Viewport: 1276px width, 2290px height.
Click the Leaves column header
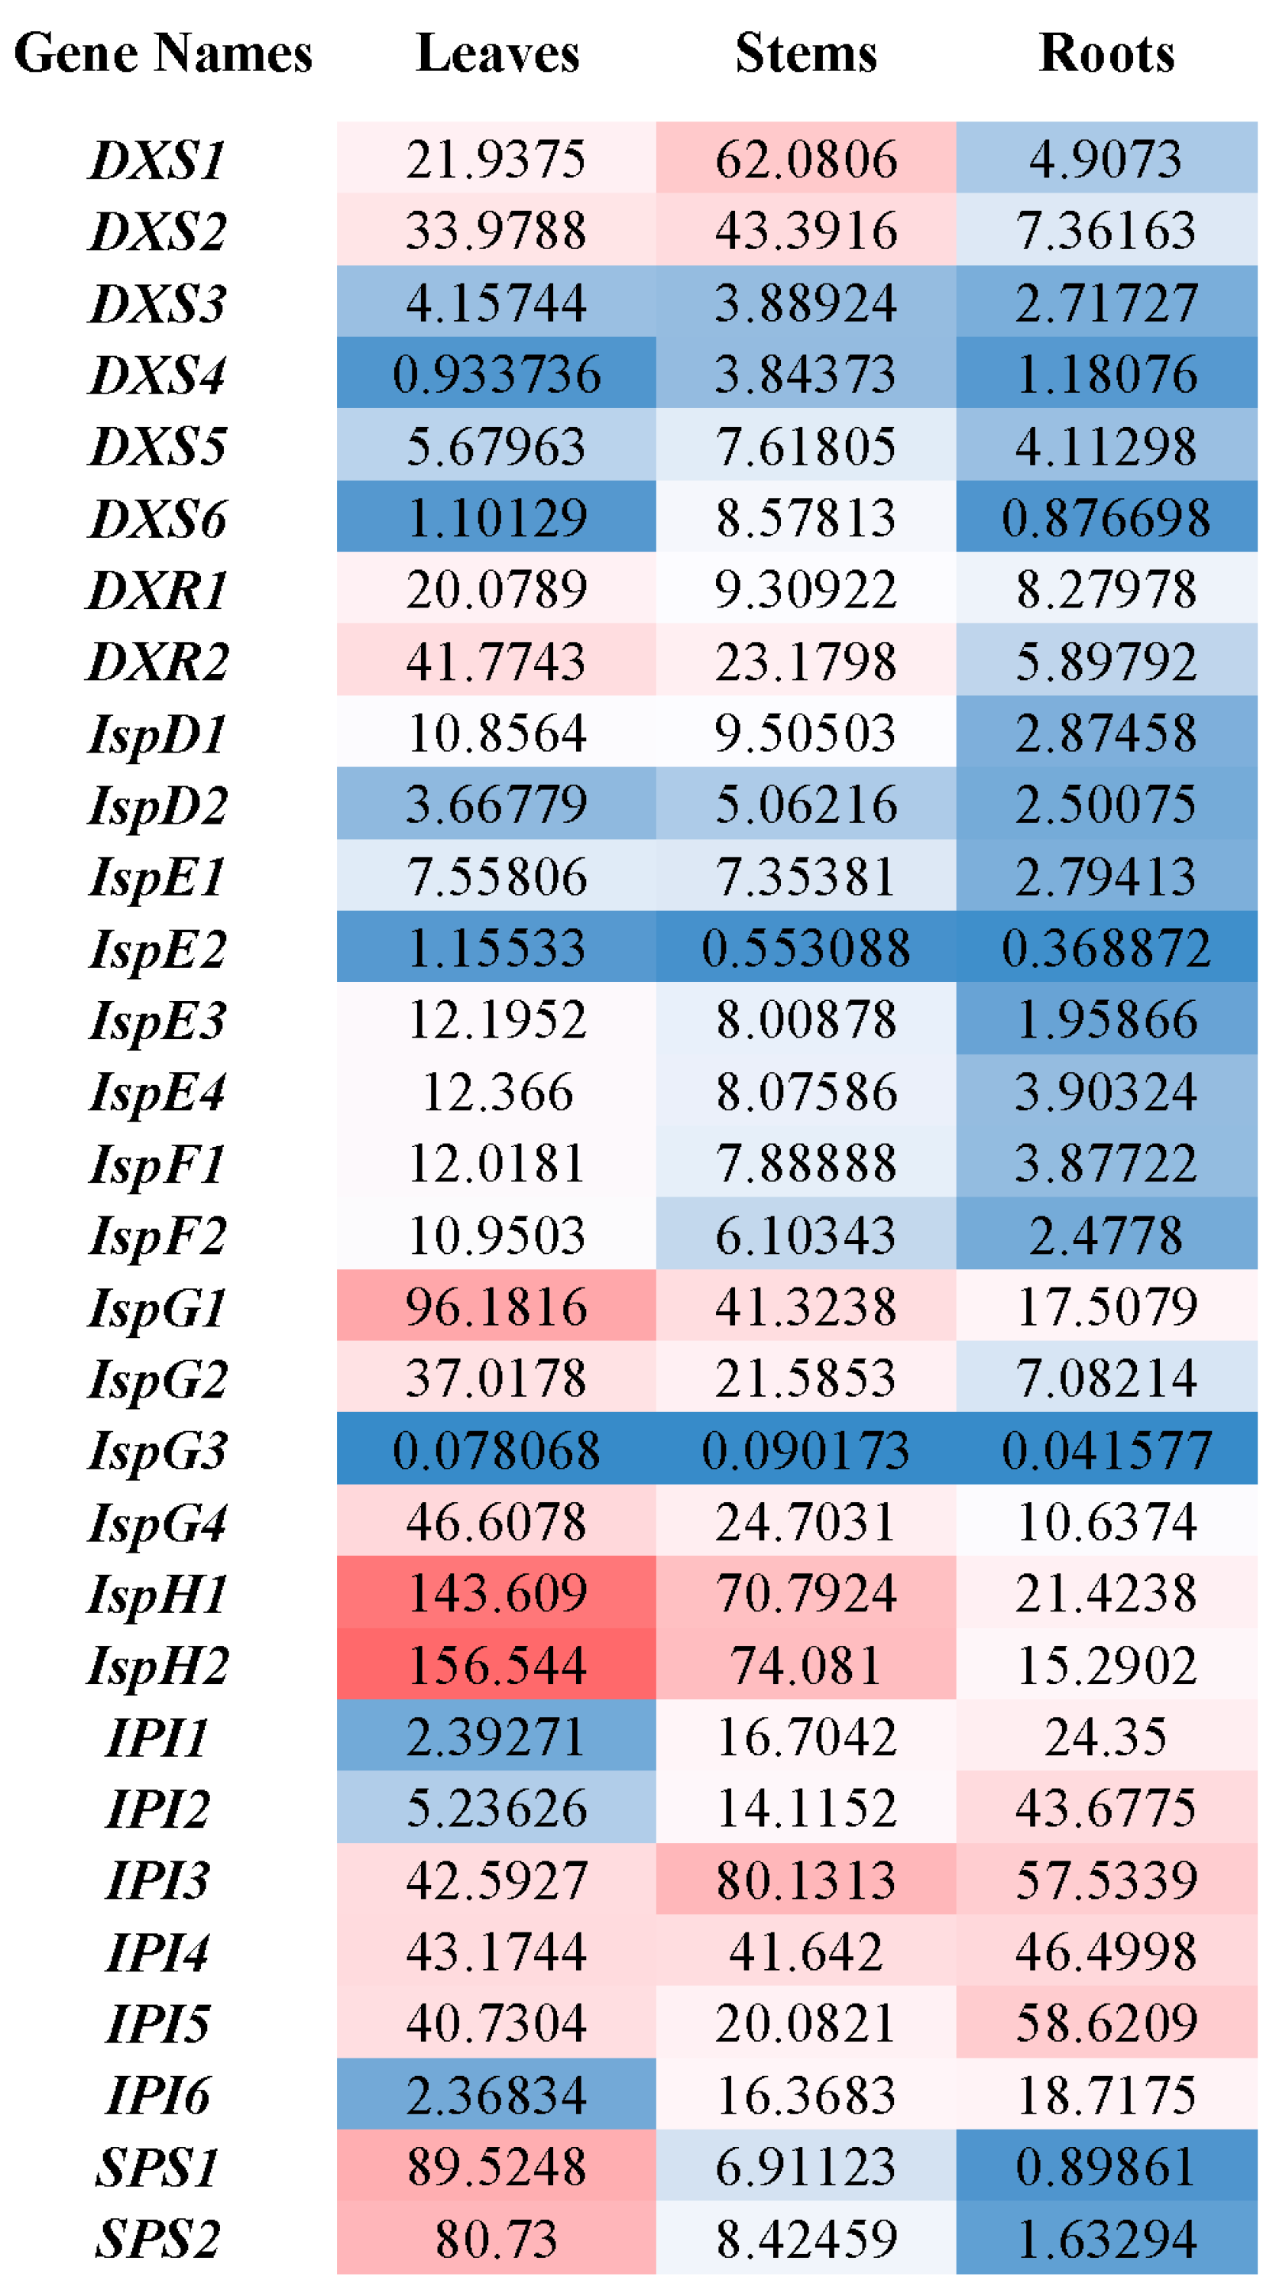(497, 53)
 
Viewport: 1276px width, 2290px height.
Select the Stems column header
(805, 53)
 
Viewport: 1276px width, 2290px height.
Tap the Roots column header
(1106, 53)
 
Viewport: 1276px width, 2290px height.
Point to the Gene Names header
(164, 53)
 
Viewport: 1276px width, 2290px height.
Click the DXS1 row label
(157, 160)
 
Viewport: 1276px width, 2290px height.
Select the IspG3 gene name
(157, 1451)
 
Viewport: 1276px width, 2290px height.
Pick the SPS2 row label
(157, 2237)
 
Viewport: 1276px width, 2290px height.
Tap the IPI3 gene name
(157, 1879)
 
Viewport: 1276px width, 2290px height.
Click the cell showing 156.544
(496, 1665)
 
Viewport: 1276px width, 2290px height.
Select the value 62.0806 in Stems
(805, 160)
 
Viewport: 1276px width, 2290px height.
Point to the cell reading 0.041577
(1106, 1451)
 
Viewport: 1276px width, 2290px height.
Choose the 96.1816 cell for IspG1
(496, 1307)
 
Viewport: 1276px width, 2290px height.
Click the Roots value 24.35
(1106, 1736)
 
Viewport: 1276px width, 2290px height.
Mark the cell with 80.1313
(805, 1879)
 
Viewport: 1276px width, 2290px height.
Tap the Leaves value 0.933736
(496, 374)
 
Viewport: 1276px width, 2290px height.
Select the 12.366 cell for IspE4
(496, 1092)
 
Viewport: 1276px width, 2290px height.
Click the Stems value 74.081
(805, 1665)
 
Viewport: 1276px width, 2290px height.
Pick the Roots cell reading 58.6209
(1106, 2023)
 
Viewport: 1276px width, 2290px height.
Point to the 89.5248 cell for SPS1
(496, 2166)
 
